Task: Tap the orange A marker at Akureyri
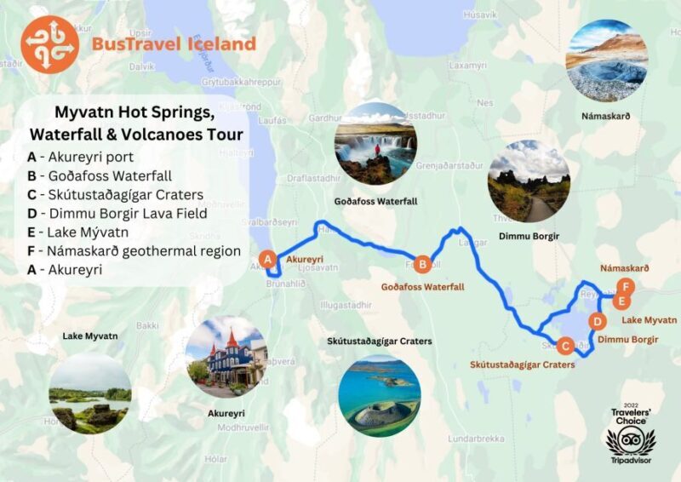pos(267,260)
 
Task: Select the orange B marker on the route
pos(423,264)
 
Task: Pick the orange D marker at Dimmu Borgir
pos(598,322)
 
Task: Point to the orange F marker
pos(627,285)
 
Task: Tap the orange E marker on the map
pos(622,301)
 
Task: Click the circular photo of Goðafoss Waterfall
pos(375,144)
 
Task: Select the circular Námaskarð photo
pos(607,60)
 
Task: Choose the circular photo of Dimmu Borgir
pos(529,181)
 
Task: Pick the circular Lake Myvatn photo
pos(90,393)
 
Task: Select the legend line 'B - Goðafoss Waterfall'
pos(100,176)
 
